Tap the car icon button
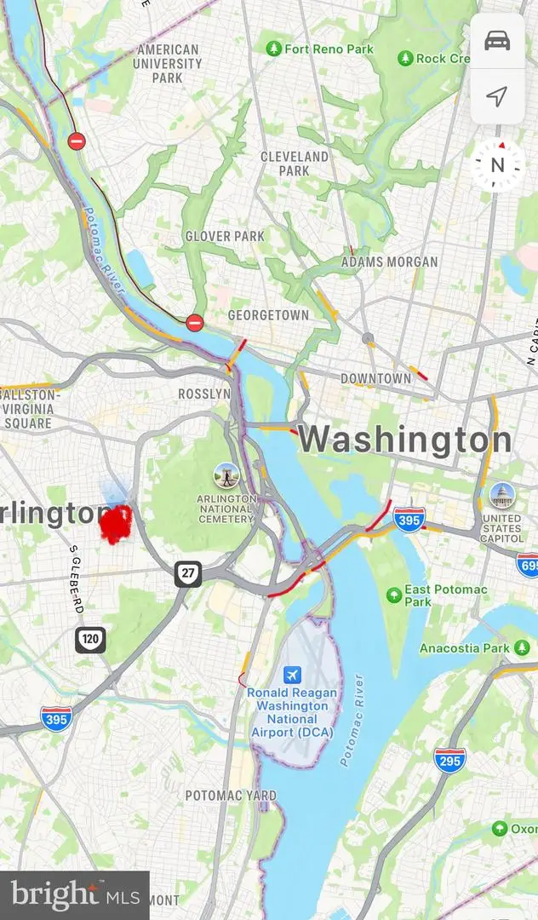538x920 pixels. tap(497, 41)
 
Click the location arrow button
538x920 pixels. tap(497, 96)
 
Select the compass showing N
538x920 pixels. tap(498, 165)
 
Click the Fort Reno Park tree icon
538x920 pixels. tap(273, 49)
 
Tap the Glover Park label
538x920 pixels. tap(226, 236)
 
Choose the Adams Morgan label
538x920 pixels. tap(389, 262)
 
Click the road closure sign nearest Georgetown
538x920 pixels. tap(195, 323)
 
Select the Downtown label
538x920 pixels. tap(375, 377)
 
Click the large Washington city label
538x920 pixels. tap(405, 440)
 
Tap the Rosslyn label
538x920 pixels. tap(204, 394)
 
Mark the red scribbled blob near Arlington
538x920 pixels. tap(116, 523)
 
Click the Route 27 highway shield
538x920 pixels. tap(188, 573)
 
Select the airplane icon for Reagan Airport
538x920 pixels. tap(292, 675)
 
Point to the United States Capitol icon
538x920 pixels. tap(501, 495)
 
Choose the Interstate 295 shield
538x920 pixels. tap(449, 759)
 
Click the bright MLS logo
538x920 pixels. tap(74, 895)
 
